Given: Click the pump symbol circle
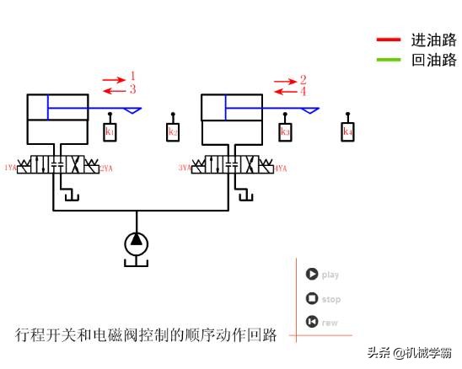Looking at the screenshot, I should tap(137, 243).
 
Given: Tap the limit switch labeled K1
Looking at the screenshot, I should tap(110, 132).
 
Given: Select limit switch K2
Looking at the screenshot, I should tap(173, 132).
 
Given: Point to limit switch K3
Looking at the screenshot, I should tap(285, 132).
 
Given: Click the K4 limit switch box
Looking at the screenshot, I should tap(347, 132).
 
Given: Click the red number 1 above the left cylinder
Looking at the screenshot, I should tap(133, 77).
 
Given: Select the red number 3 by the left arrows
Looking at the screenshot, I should tap(133, 88).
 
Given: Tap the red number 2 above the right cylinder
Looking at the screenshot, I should tap(303, 80).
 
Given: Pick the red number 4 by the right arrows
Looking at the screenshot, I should tap(303, 91).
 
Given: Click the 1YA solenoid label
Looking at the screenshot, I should tap(10, 168).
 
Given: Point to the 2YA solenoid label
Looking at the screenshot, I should tap(106, 168).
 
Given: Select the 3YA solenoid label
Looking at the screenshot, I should tap(185, 168).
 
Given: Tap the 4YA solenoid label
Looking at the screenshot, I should tap(281, 168).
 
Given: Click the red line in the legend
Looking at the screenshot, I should tap(389, 40).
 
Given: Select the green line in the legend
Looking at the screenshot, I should tap(389, 60).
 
